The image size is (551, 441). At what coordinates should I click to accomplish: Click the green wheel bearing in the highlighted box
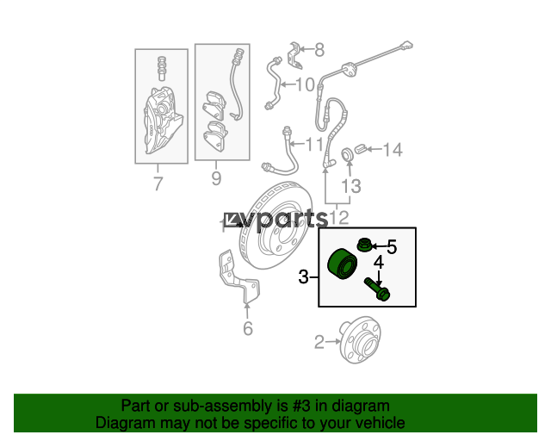pyautogui.click(x=342, y=264)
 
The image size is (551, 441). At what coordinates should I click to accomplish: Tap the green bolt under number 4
pyautogui.click(x=377, y=289)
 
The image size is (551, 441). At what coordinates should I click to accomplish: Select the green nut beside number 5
pyautogui.click(x=363, y=245)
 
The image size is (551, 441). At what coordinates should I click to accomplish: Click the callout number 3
pyautogui.click(x=303, y=276)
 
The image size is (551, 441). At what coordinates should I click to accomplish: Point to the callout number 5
pyautogui.click(x=392, y=246)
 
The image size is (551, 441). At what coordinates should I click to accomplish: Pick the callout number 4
pyautogui.click(x=379, y=263)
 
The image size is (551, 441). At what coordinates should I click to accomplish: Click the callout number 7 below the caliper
pyautogui.click(x=158, y=183)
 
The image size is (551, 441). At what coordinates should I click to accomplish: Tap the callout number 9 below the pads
pyautogui.click(x=216, y=178)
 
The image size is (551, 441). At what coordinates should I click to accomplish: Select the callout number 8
pyautogui.click(x=319, y=50)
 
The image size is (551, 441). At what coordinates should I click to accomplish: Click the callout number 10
pyautogui.click(x=305, y=84)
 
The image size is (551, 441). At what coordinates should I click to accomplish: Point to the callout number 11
pyautogui.click(x=314, y=144)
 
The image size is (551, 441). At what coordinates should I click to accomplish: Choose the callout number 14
pyautogui.click(x=393, y=150)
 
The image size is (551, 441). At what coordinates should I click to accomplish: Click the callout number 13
pyautogui.click(x=351, y=186)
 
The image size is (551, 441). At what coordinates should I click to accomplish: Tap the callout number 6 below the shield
pyautogui.click(x=248, y=328)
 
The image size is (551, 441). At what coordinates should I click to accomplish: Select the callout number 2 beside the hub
pyautogui.click(x=319, y=342)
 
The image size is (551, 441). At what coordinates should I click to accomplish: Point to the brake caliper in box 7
pyautogui.click(x=163, y=121)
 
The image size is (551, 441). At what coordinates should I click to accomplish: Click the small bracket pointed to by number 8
pyautogui.click(x=294, y=55)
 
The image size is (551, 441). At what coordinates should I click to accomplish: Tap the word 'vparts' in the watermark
pyautogui.click(x=285, y=220)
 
